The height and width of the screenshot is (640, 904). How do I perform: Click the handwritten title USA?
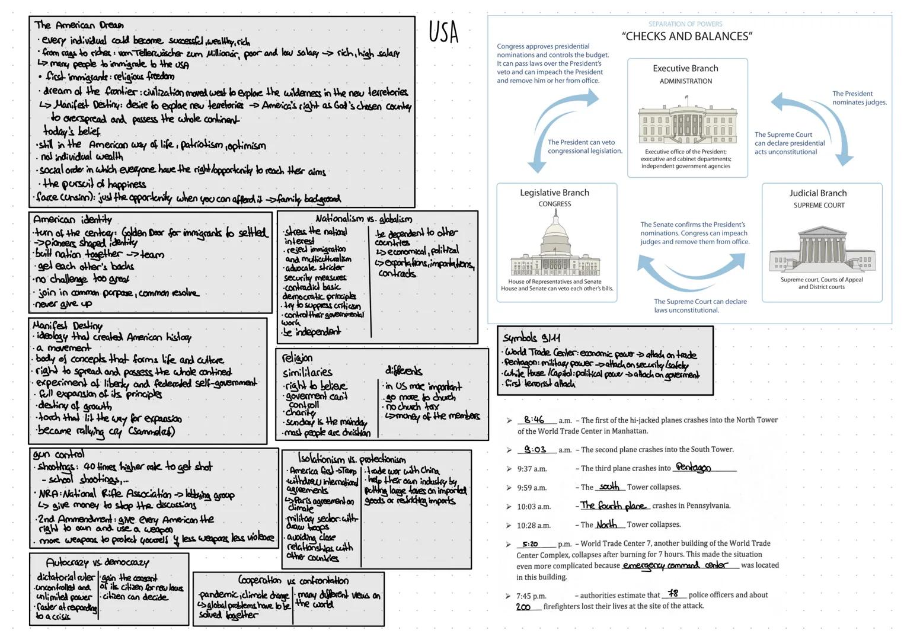pyautogui.click(x=443, y=32)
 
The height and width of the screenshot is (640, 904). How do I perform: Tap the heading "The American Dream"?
pyautogui.click(x=79, y=25)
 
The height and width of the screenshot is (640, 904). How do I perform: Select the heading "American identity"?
pyautogui.click(x=72, y=219)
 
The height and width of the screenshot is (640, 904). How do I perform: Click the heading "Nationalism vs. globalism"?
pyautogui.click(x=363, y=219)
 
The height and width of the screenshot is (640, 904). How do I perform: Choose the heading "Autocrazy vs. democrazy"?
pyautogui.click(x=97, y=562)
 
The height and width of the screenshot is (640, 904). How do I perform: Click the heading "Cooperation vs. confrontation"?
pyautogui.click(x=293, y=580)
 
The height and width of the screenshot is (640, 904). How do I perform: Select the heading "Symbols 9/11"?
pyautogui.click(x=531, y=337)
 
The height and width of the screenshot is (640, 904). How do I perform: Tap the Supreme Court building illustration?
pyautogui.click(x=821, y=249)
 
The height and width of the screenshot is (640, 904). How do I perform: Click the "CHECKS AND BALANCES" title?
pyautogui.click(x=687, y=36)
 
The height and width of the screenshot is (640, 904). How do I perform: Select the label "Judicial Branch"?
pyautogui.click(x=817, y=193)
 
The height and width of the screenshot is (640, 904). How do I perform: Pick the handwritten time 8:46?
pyautogui.click(x=534, y=420)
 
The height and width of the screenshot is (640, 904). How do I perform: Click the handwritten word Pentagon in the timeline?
pyautogui.click(x=693, y=468)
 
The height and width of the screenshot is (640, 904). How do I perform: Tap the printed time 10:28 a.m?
pyautogui.click(x=534, y=525)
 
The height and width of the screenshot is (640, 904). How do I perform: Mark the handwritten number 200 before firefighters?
pyautogui.click(x=523, y=607)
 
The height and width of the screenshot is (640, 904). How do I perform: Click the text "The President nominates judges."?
pyautogui.click(x=859, y=98)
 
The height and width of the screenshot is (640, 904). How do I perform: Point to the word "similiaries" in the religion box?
pyautogui.click(x=307, y=372)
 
